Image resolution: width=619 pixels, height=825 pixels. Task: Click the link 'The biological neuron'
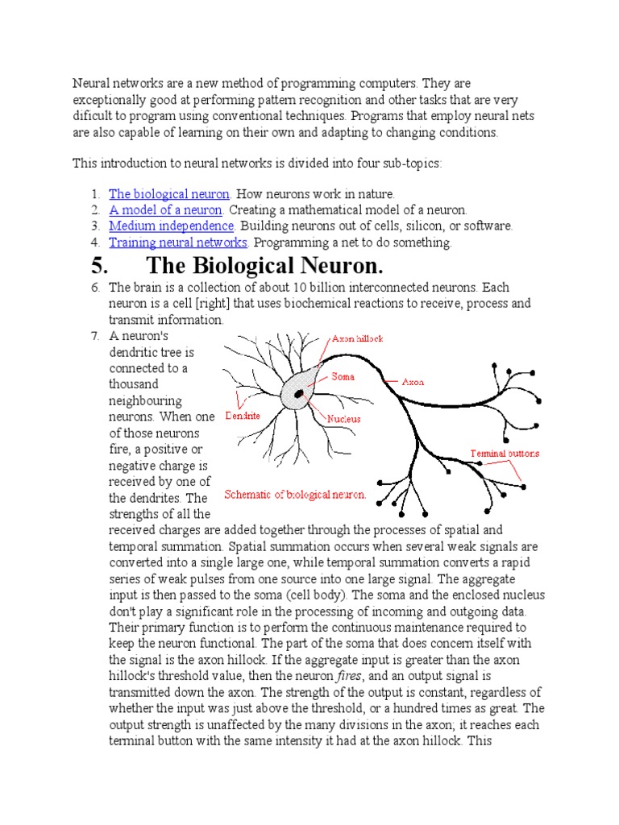pos(169,194)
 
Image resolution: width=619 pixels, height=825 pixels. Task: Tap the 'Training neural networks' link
pos(178,243)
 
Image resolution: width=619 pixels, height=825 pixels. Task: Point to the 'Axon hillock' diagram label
pos(357,339)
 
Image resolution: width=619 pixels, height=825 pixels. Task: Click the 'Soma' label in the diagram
pos(343,376)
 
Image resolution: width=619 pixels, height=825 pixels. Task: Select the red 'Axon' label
pos(413,382)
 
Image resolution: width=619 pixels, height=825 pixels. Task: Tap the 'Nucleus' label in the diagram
pos(343,419)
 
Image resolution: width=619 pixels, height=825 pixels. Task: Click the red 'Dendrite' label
pos(243,417)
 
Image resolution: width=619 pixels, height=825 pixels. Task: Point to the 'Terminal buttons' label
pos(505,453)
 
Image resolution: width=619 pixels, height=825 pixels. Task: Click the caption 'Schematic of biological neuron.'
pos(295,495)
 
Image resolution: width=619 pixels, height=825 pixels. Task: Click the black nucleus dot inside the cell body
pos(299,393)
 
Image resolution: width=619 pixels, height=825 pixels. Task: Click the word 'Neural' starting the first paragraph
pos(90,84)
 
